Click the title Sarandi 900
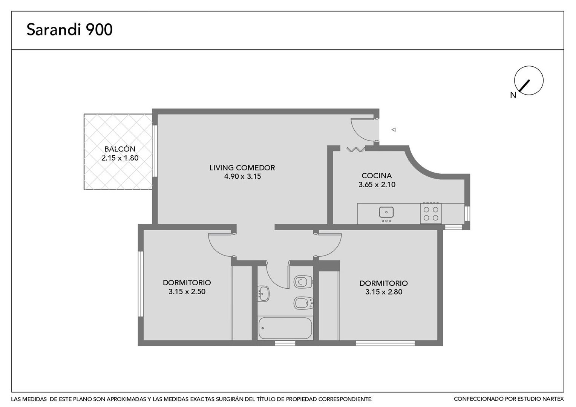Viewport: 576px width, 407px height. tap(69, 29)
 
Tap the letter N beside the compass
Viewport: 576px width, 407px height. tap(513, 95)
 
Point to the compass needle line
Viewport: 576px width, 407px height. tap(525, 86)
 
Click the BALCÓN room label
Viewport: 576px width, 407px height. tap(120, 149)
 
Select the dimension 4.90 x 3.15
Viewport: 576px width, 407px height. tap(242, 176)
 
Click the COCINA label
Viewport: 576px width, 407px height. tap(377, 176)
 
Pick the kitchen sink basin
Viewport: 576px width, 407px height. tap(386, 213)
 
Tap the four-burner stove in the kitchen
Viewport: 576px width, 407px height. tap(431, 213)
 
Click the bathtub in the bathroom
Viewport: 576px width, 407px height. tap(285, 329)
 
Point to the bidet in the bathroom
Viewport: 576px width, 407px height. tap(303, 303)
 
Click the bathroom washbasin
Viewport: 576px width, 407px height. tap(263, 294)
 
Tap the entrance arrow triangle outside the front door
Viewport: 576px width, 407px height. tap(394, 130)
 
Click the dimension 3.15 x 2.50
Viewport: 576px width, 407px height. tap(187, 292)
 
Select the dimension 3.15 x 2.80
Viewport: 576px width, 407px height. tap(384, 292)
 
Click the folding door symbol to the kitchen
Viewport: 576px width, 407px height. tap(355, 149)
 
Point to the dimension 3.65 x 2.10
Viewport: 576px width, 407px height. tap(377, 184)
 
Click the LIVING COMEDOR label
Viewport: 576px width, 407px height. tap(242, 168)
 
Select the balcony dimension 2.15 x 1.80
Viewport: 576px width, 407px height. tap(120, 158)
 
